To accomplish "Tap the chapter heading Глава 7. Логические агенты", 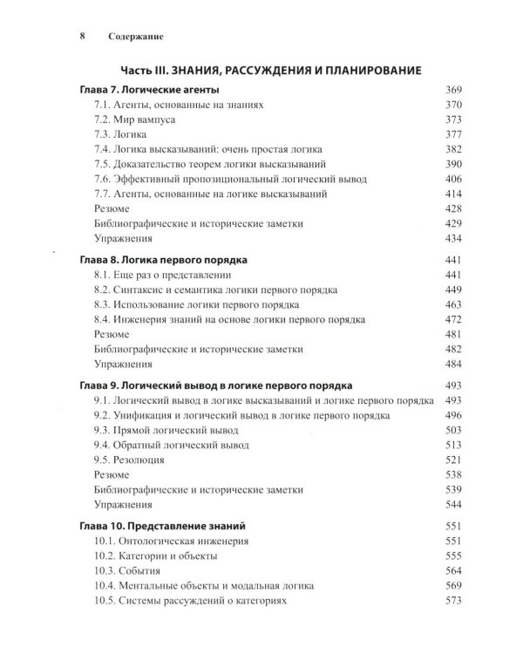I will (149, 90).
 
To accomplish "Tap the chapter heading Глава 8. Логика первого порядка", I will (163, 260).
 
